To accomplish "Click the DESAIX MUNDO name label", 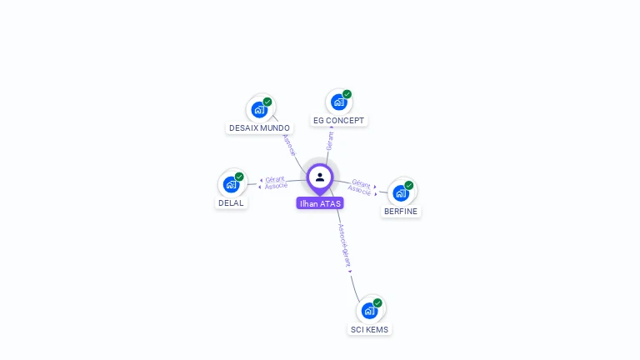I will click(x=259, y=128).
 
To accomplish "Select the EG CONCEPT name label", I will click(x=338, y=120).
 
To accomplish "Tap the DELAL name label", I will click(x=231, y=202).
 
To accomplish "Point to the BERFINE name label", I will click(x=401, y=212).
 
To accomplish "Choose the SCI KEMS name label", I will click(x=369, y=329).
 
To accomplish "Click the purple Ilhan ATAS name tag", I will click(x=320, y=203).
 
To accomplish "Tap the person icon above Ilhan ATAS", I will click(x=320, y=177).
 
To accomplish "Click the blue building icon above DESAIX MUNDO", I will click(x=259, y=109).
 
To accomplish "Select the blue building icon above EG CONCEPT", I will click(x=338, y=102).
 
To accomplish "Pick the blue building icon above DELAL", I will click(x=231, y=184).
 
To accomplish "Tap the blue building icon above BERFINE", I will click(x=401, y=192).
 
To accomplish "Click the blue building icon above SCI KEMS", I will click(x=369, y=310).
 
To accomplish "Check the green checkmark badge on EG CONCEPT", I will click(x=347, y=94).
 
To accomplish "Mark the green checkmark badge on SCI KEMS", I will click(x=377, y=302).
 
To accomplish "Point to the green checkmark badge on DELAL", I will click(x=239, y=177).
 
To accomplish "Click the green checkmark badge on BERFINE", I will click(x=409, y=185).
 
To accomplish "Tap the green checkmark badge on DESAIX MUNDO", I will click(x=267, y=102).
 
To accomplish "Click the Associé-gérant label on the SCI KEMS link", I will click(x=345, y=245).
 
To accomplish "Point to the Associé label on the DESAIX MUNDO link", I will click(x=289, y=145).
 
